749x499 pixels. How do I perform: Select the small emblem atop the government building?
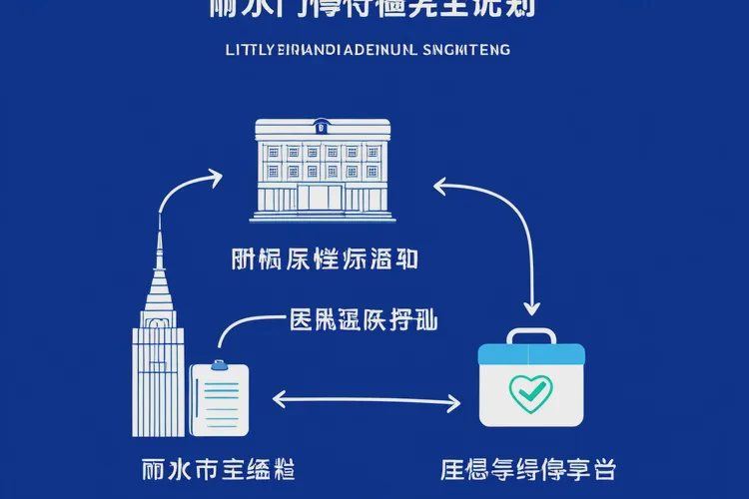[x=322, y=127]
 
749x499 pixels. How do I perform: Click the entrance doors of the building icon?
[x=322, y=199]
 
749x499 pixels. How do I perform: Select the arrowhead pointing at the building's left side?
[x=218, y=177]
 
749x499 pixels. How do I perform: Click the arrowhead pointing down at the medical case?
[x=532, y=306]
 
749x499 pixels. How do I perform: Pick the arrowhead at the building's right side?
[x=438, y=183]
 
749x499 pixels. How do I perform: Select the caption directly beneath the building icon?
[x=322, y=259]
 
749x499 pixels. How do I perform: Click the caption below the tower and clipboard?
[x=218, y=466]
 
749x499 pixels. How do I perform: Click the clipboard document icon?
[x=220, y=399]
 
